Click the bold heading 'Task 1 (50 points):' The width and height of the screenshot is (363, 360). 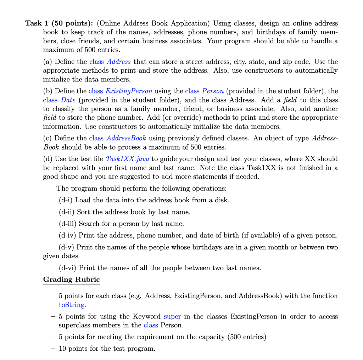pyautogui.click(x=59, y=23)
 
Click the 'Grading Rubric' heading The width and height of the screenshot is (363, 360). pyautogui.click(x=71, y=279)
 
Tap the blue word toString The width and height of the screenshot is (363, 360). pyautogui.click(x=71, y=304)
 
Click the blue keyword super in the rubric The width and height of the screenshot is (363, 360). pyautogui.click(x=172, y=316)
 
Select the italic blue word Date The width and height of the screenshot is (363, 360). pyautogui.click(x=68, y=100)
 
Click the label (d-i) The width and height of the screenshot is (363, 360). pyautogui.click(x=66, y=200)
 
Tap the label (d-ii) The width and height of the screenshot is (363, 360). pyautogui.click(x=67, y=212)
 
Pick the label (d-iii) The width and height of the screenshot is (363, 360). pyautogui.click(x=68, y=224)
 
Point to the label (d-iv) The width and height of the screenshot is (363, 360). pyautogui.click(x=67, y=235)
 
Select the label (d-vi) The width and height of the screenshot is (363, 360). pyautogui.click(x=67, y=268)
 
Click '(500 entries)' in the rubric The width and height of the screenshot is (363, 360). pyautogui.click(x=247, y=337)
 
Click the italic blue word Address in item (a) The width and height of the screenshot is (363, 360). pyautogui.click(x=119, y=62)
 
